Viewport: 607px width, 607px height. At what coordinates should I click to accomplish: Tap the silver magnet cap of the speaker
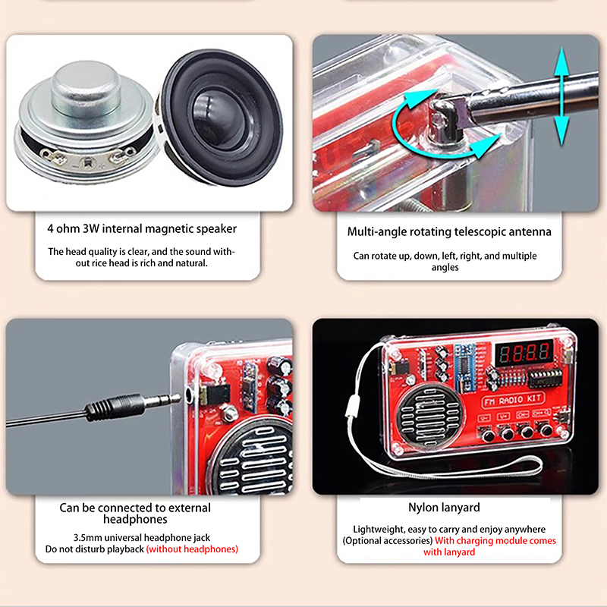tap(86, 89)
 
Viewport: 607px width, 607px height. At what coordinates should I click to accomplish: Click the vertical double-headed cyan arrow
tap(561, 96)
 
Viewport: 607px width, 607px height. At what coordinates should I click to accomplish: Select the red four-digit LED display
tap(524, 353)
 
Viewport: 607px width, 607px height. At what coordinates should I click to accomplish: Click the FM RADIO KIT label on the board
tap(513, 401)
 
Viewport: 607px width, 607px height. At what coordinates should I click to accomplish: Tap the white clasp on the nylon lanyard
tap(352, 407)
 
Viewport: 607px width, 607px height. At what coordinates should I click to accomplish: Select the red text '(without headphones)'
tap(192, 549)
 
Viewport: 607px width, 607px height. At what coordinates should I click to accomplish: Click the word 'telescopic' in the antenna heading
tap(480, 232)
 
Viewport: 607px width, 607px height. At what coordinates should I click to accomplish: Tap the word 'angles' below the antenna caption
tap(445, 268)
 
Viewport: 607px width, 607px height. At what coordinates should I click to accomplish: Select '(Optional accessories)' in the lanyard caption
tap(388, 541)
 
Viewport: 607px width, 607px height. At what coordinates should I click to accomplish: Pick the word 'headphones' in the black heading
tap(135, 519)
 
